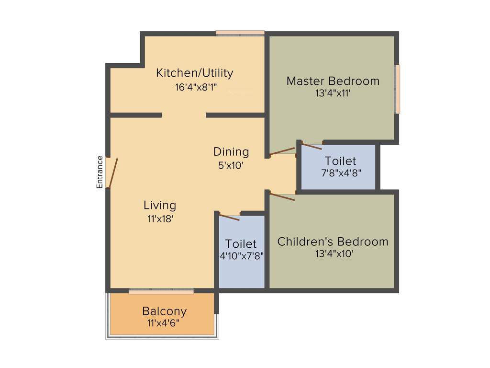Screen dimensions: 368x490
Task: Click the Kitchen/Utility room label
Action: [195, 73]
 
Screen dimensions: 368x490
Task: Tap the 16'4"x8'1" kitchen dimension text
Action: [196, 87]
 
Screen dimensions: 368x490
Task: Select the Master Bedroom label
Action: [333, 81]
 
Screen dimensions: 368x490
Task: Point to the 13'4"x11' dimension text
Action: [333, 93]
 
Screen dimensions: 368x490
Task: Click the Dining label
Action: [231, 152]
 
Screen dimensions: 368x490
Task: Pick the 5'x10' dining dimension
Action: [231, 166]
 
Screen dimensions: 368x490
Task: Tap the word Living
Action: [160, 206]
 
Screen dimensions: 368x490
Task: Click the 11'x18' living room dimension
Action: [160, 219]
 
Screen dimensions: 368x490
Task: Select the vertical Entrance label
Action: [100, 172]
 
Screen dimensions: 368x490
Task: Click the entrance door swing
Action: [112, 173]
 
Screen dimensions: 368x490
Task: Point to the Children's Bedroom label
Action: [333, 241]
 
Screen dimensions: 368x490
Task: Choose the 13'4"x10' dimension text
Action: [334, 254]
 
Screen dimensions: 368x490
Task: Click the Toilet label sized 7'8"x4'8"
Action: [340, 161]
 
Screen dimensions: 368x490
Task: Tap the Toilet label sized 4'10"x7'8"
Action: [241, 244]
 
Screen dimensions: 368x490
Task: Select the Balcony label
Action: [164, 311]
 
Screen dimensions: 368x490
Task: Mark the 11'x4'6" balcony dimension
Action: [163, 323]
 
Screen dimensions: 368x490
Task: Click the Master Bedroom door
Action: [282, 152]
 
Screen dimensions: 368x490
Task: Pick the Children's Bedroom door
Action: [282, 196]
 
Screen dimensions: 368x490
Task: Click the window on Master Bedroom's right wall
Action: [397, 90]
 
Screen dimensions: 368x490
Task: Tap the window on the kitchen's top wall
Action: [240, 33]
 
